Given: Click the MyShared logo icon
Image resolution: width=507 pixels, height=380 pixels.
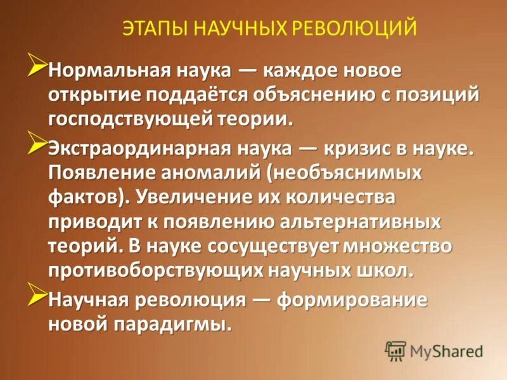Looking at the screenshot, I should (395, 350).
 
